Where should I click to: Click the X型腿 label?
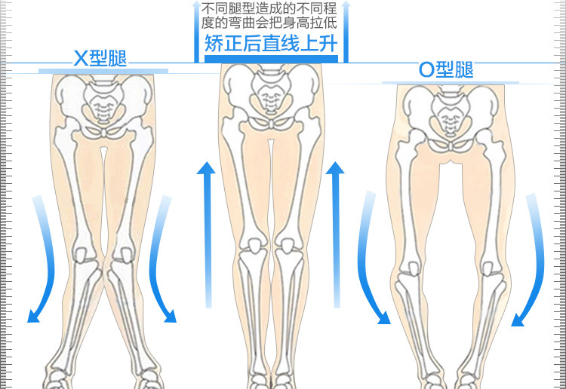pyautogui.click(x=100, y=58)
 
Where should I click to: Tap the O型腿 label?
pyautogui.click(x=446, y=70)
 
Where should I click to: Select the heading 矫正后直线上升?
pyautogui.click(x=270, y=42)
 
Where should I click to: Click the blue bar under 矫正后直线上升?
pyautogui.click(x=270, y=58)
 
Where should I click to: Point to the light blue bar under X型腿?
pyautogui.click(x=103, y=71)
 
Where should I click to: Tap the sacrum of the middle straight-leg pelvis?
pyautogui.click(x=270, y=94)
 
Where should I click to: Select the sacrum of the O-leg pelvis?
pyautogui.click(x=452, y=115)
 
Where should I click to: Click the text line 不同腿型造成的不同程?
pyautogui.click(x=270, y=10)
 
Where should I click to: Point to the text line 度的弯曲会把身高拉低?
pyautogui.click(x=270, y=24)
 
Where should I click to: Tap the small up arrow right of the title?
pyautogui.click(x=346, y=30)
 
